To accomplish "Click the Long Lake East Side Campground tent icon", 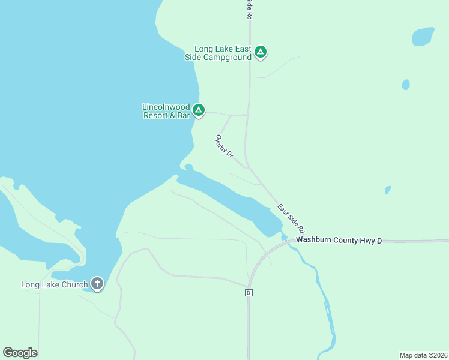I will tap(260, 52).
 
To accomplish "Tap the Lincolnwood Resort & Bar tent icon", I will tap(199, 110).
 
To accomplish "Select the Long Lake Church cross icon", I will tap(97, 283).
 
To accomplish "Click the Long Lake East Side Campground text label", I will tap(218, 53).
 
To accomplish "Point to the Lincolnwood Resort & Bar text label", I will tap(166, 111).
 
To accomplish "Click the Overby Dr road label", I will tap(224, 146).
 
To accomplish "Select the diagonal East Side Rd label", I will tap(291, 218).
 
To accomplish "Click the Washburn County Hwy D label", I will tap(339, 241).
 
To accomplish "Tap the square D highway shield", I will tap(248, 293).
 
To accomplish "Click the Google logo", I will tap(20, 353).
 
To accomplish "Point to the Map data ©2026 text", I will tap(423, 355).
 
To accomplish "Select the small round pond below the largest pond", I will tap(406, 85).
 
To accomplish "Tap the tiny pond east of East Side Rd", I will tap(388, 190).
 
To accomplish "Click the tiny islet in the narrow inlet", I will tap(188, 167).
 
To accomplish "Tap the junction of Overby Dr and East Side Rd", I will tap(248, 169).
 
